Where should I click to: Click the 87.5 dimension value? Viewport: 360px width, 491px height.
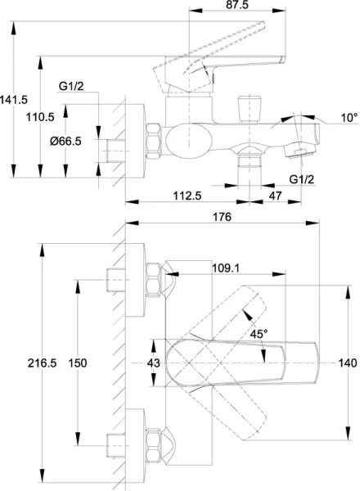point(237,5)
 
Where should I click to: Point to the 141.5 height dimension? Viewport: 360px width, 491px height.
point(14,100)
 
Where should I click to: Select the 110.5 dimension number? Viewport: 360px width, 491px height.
point(40,117)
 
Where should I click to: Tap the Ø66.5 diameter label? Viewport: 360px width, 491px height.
point(65,142)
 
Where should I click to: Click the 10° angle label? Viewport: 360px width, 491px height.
point(349,118)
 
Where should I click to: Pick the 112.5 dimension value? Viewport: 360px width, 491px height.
point(187,196)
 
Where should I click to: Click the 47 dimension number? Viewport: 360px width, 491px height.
point(275,196)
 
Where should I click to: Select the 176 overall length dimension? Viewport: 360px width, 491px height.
point(222,217)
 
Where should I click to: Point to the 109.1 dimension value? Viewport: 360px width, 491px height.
point(226,268)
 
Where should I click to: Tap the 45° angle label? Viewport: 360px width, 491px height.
point(259,334)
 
